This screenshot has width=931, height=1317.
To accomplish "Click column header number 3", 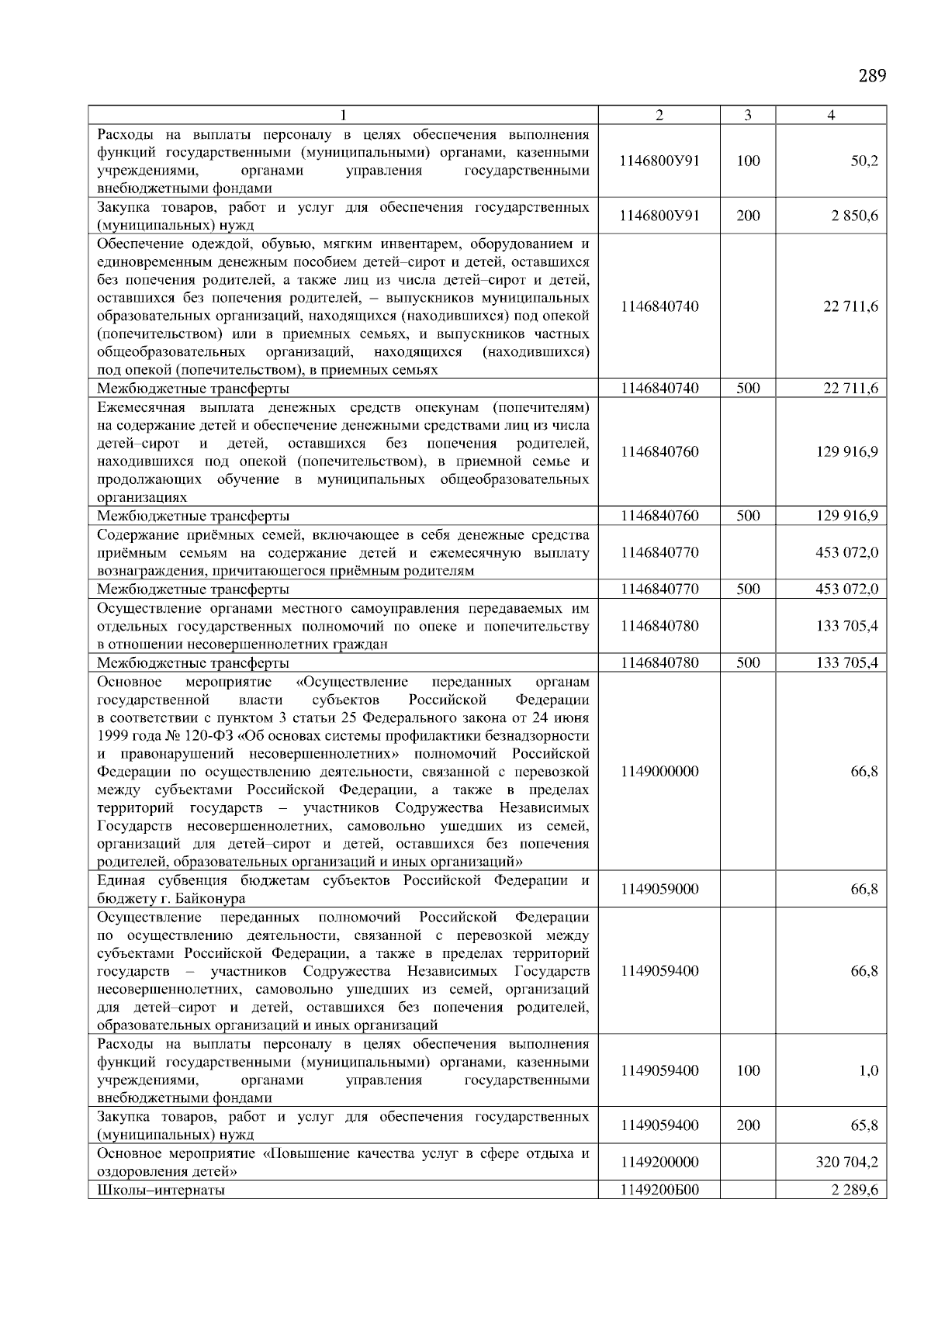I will [747, 116].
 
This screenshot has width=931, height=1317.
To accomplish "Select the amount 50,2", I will [864, 161].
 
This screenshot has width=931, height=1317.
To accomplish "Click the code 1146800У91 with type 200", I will [659, 216].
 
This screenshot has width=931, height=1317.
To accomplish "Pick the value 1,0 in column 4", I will [869, 1070].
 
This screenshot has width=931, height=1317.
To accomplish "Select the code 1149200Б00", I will [659, 1190].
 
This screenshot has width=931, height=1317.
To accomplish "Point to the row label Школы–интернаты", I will [161, 1190].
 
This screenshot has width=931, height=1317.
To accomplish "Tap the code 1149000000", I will [659, 772].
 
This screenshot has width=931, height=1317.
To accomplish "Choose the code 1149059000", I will [659, 890].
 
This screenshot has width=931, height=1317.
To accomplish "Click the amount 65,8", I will [864, 1125].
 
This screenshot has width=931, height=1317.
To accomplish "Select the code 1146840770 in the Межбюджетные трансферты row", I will [659, 589].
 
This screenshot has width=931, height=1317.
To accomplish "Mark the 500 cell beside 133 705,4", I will [747, 662].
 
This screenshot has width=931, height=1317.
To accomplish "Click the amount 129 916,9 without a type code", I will [846, 452].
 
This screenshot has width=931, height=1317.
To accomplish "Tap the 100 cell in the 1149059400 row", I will [747, 1070].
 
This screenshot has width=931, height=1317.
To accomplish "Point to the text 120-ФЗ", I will [200, 735].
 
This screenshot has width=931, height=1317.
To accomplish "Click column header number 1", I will [342, 116].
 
